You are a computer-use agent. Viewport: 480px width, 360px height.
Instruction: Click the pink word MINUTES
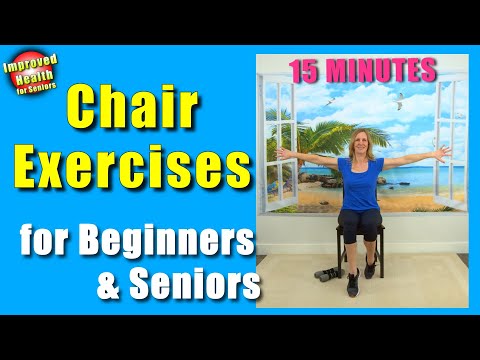click(x=384, y=70)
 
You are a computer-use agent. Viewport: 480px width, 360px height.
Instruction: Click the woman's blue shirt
click(x=360, y=186)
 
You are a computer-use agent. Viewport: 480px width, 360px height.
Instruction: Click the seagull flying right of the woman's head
click(x=399, y=101)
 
